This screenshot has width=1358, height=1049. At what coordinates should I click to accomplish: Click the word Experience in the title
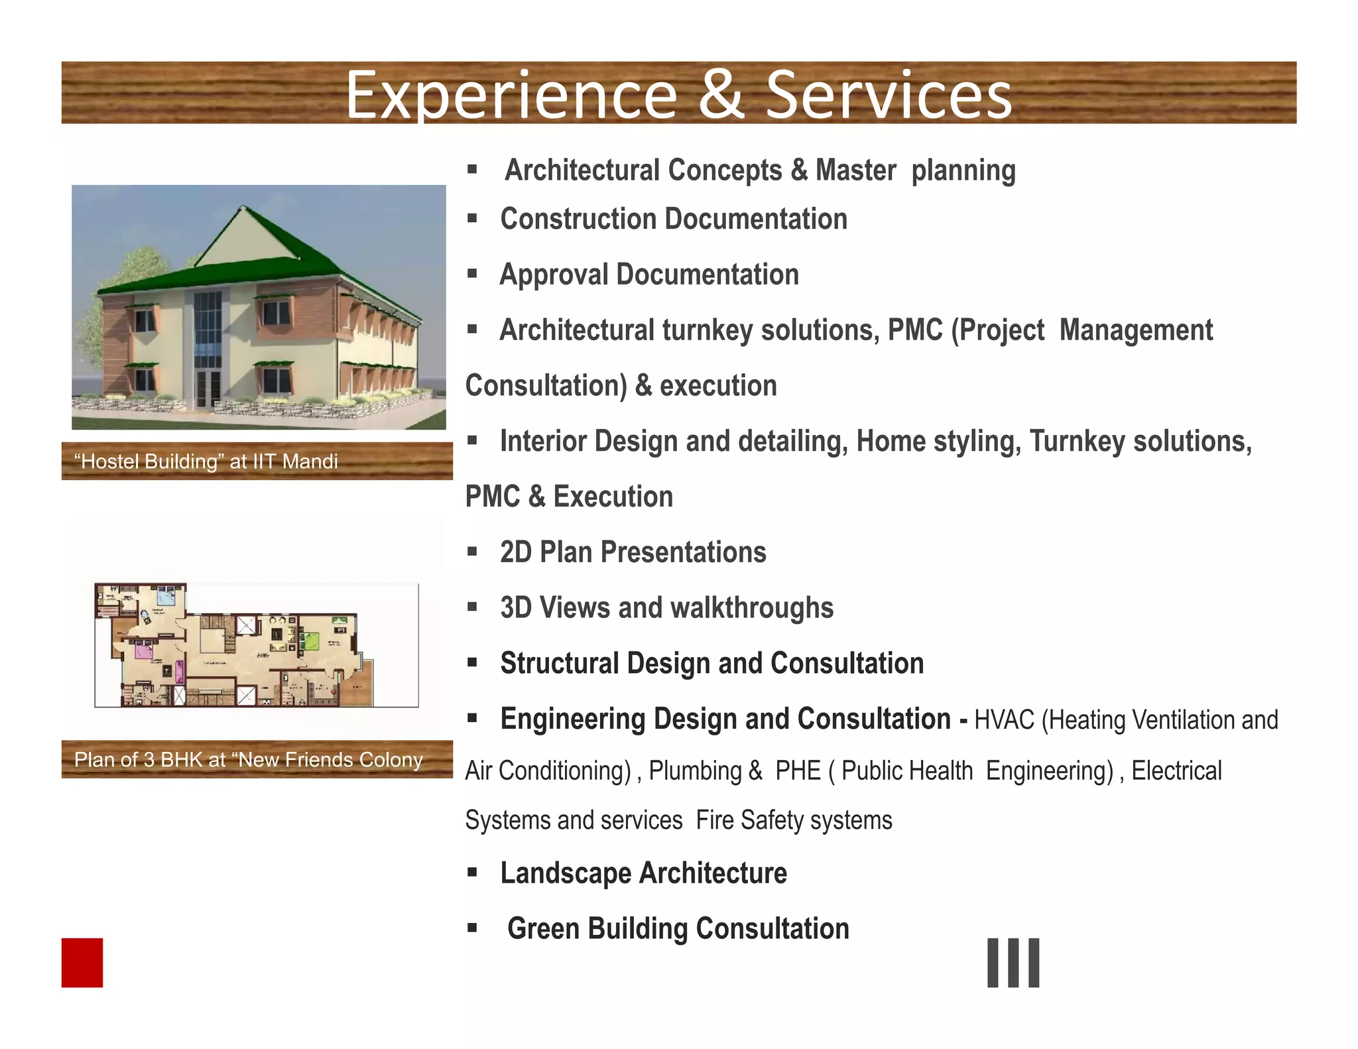click(511, 96)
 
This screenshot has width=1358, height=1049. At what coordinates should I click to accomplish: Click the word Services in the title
click(889, 96)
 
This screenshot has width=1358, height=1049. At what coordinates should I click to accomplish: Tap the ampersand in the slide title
click(721, 96)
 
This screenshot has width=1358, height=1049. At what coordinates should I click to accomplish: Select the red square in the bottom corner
click(82, 962)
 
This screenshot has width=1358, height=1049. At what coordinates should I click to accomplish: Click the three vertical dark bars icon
click(1013, 962)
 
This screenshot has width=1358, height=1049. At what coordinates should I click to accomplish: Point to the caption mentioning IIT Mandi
click(207, 462)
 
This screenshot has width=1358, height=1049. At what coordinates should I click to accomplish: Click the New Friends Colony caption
click(248, 759)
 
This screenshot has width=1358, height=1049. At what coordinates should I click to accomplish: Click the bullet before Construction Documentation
click(472, 218)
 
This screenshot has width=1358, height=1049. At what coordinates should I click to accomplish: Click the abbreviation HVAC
click(1004, 720)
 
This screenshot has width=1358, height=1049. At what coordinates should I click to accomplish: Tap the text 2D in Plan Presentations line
click(516, 552)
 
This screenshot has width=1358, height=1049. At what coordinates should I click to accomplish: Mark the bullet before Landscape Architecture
click(472, 873)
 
